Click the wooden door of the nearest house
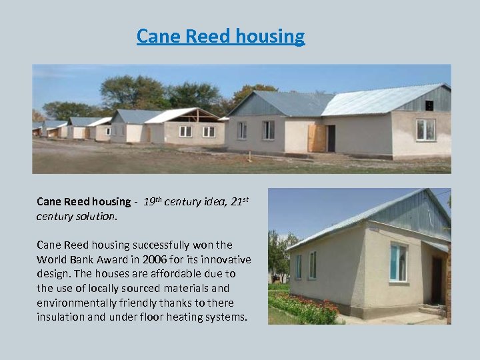pyautogui.click(x=316, y=139)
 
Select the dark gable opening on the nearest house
pyautogui.click(x=429, y=105)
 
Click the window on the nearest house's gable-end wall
pyautogui.click(x=425, y=129)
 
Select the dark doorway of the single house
pyautogui.click(x=437, y=280)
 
